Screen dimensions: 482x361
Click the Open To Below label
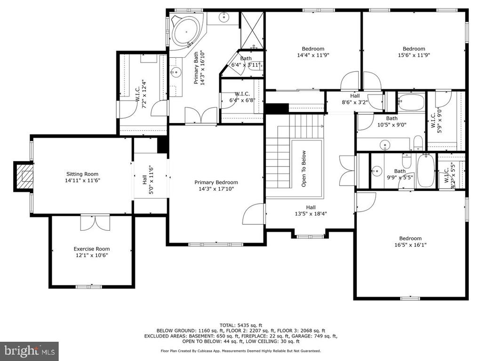304,169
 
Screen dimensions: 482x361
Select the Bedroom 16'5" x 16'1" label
410,242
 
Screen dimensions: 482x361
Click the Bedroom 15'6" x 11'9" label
414,52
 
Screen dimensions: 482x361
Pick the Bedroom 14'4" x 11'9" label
313,52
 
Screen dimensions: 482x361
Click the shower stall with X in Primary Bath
252,30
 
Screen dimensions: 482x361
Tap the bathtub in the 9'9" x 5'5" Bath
426,170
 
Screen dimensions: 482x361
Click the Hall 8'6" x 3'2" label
355,99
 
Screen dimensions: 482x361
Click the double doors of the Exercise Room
95,223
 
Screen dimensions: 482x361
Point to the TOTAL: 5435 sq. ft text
241,325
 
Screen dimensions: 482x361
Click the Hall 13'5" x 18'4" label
311,211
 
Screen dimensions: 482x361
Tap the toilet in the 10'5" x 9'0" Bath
418,143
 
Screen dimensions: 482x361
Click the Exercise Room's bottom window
89,287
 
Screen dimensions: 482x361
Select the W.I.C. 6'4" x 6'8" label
242,97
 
